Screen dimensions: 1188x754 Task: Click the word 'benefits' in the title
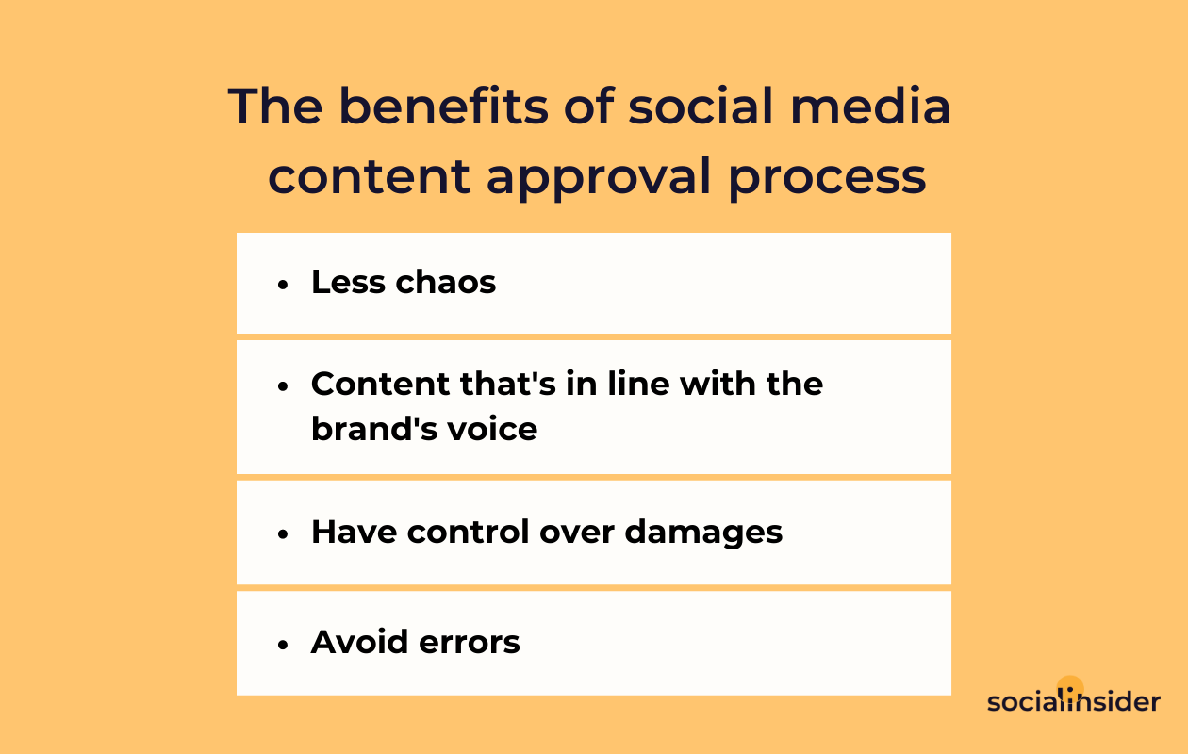(x=443, y=107)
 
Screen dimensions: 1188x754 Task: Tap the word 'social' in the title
(x=701, y=107)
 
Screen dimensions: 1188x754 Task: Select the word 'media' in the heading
(x=870, y=107)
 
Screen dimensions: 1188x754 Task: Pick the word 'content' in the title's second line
(x=370, y=177)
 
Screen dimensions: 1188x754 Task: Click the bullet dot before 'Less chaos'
(x=283, y=286)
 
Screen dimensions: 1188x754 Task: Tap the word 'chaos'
(x=445, y=282)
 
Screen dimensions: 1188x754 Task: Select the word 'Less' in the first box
(x=348, y=282)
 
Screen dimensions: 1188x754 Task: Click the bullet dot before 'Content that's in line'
(x=283, y=386)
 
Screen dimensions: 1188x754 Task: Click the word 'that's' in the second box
(x=507, y=384)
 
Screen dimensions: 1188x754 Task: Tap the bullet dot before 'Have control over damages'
(x=283, y=534)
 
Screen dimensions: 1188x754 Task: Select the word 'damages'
(x=703, y=533)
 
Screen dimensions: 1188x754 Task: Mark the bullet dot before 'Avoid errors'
(x=283, y=645)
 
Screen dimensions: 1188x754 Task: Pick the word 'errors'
(x=470, y=643)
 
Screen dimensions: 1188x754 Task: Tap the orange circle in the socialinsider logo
(x=1070, y=685)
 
